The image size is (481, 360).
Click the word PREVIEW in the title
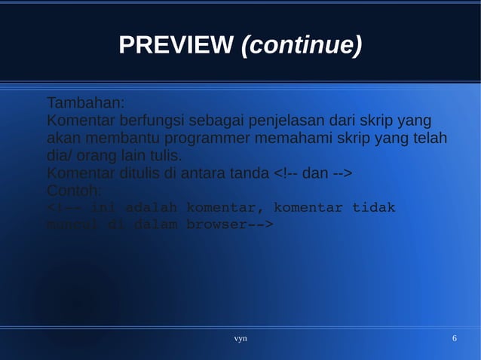click(175, 47)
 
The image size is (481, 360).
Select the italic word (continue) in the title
click(301, 47)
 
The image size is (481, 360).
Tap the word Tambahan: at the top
click(85, 102)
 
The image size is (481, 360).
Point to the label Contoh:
click(74, 192)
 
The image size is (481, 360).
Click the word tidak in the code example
click(374, 208)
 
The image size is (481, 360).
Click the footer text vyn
click(240, 339)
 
